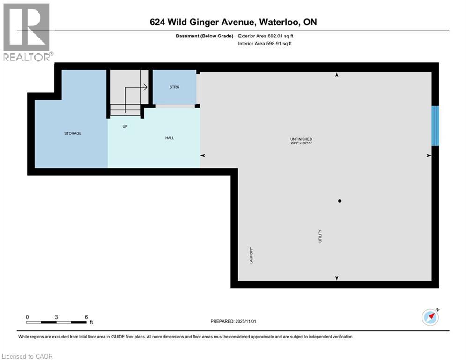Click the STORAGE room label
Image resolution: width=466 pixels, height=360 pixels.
pyautogui.click(x=73, y=133)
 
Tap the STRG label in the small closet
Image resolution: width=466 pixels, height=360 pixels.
pyautogui.click(x=174, y=87)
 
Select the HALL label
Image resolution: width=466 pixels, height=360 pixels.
pyautogui.click(x=170, y=138)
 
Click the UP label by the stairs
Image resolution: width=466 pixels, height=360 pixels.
pyautogui.click(x=125, y=126)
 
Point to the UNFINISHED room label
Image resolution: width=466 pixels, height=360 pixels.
pyautogui.click(x=301, y=139)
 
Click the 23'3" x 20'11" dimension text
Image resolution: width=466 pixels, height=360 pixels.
pyautogui.click(x=301, y=144)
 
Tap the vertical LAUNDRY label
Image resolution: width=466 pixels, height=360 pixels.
pyautogui.click(x=251, y=255)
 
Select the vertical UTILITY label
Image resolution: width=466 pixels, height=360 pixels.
pyautogui.click(x=320, y=236)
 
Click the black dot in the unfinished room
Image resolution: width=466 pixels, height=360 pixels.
pyautogui.click(x=340, y=201)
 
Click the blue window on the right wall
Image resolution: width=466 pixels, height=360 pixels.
pyautogui.click(x=435, y=126)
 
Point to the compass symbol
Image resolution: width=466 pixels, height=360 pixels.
pyautogui.click(x=430, y=317)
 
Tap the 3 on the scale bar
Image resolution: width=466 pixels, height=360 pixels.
pyautogui.click(x=56, y=317)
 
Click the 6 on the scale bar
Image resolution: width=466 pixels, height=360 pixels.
pyautogui.click(x=87, y=317)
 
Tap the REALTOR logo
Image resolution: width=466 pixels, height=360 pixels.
pyautogui.click(x=27, y=32)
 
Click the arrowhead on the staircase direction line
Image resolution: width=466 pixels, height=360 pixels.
pyautogui.click(x=146, y=87)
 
